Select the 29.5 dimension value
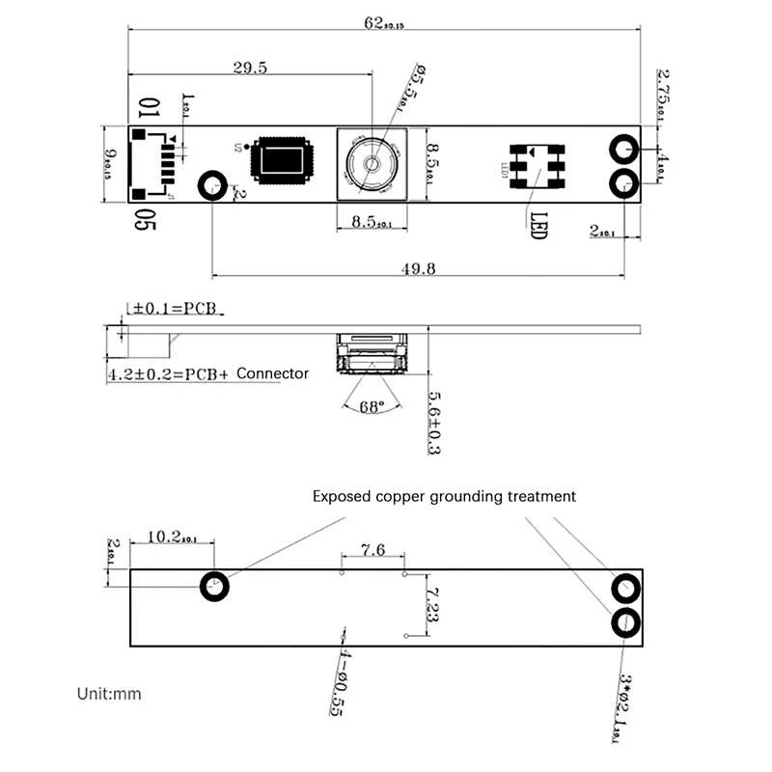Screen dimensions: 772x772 [249, 67]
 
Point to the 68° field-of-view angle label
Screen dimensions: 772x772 [372, 406]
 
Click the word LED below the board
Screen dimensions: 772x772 [538, 226]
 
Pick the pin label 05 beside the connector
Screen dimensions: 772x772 [145, 221]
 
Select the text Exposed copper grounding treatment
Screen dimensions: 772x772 [444, 497]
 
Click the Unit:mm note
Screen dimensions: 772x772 [109, 693]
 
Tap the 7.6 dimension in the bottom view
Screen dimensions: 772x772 [372, 550]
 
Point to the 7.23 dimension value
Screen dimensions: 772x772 [432, 604]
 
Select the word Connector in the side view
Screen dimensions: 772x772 [273, 373]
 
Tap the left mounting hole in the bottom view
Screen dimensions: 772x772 [213, 586]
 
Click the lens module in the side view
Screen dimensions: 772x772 [372, 354]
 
